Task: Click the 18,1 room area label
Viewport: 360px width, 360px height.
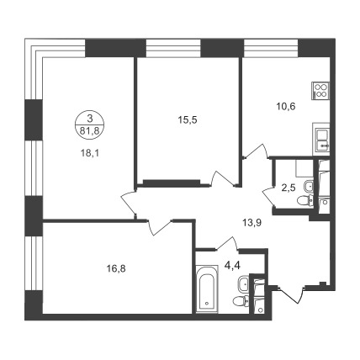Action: [x=90, y=153]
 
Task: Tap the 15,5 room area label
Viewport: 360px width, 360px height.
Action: [x=188, y=120]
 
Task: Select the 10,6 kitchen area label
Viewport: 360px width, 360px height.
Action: [x=286, y=107]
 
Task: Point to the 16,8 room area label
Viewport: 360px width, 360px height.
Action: [x=116, y=269]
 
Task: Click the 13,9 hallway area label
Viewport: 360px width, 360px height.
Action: [x=251, y=223]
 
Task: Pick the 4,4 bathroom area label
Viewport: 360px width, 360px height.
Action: [x=231, y=265]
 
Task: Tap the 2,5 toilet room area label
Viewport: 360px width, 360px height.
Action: [x=289, y=188]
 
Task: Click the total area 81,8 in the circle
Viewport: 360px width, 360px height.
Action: [x=90, y=130]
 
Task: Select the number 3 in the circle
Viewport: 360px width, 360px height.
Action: [x=90, y=119]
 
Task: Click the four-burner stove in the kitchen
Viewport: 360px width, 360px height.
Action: [x=321, y=90]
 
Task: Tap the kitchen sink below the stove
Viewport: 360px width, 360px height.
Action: [x=321, y=139]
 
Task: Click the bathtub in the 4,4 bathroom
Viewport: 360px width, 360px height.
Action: [x=207, y=289]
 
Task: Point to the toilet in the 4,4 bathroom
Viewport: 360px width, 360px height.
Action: [x=240, y=301]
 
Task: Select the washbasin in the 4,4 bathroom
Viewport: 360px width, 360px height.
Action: [x=243, y=284]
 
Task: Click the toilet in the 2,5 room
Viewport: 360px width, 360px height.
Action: [x=304, y=201]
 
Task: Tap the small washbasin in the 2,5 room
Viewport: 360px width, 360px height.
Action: [x=309, y=186]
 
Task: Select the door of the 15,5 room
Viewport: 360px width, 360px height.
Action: [x=223, y=178]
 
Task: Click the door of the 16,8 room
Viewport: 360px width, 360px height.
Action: [x=159, y=227]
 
